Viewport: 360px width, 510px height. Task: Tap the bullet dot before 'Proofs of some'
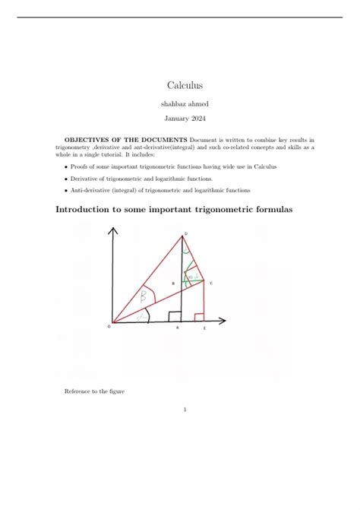(66, 166)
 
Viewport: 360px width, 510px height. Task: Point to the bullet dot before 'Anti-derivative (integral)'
(66, 190)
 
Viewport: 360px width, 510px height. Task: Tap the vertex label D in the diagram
(185, 234)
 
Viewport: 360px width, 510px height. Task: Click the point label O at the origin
(109, 327)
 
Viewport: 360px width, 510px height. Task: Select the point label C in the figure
(211, 284)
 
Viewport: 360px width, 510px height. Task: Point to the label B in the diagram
(174, 284)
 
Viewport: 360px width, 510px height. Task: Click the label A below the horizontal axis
(178, 328)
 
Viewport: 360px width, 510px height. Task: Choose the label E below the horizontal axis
(204, 328)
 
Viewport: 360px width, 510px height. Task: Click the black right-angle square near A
(174, 316)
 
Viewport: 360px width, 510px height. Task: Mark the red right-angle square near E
(200, 317)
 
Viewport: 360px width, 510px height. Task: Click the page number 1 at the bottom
(185, 410)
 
